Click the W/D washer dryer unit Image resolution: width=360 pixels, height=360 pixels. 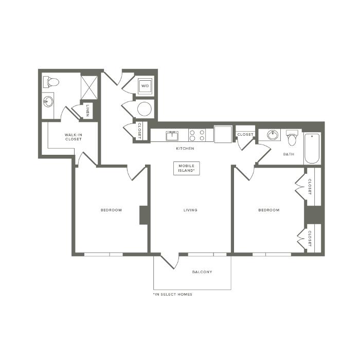click(x=145, y=86)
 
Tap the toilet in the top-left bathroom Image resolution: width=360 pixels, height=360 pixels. click(x=51, y=82)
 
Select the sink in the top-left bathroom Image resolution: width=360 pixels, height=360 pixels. click(x=48, y=101)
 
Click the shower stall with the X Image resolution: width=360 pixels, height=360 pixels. click(x=89, y=88)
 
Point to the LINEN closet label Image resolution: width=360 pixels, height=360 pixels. click(x=87, y=111)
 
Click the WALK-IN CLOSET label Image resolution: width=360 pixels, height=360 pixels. click(x=73, y=137)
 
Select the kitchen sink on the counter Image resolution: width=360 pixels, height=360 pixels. click(x=172, y=136)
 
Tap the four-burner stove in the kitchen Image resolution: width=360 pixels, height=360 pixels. click(x=197, y=135)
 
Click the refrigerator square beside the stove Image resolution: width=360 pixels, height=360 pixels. click(x=223, y=134)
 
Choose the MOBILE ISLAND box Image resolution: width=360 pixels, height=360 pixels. click(x=186, y=168)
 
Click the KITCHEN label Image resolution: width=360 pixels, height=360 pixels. click(x=185, y=148)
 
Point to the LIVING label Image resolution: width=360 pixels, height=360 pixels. click(x=190, y=210)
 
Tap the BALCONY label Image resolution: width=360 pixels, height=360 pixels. click(x=202, y=272)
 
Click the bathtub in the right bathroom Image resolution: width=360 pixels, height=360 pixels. click(x=312, y=148)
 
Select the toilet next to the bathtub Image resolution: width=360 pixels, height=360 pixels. click(x=292, y=138)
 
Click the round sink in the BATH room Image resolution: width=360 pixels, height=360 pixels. click(x=273, y=135)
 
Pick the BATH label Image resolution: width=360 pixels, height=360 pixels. click(x=289, y=154)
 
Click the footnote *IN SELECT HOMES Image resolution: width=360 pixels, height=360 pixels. click(x=173, y=294)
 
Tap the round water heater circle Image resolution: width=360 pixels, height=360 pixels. click(x=145, y=109)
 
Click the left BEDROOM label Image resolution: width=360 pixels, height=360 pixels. click(x=111, y=210)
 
